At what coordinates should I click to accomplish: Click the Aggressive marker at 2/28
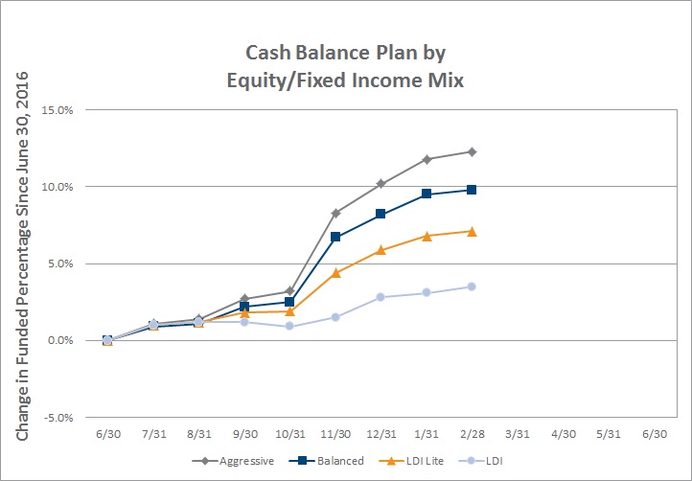(x=472, y=151)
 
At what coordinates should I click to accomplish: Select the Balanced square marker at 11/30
(x=335, y=237)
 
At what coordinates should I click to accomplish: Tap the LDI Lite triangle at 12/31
(x=381, y=250)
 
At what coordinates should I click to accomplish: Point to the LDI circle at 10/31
(x=289, y=326)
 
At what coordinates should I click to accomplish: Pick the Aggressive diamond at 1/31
(x=427, y=159)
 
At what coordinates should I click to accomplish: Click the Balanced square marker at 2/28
(x=472, y=190)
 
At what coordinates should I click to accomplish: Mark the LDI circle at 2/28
(x=472, y=286)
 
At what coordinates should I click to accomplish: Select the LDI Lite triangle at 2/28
(x=472, y=232)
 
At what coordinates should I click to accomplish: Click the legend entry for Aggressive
(x=233, y=461)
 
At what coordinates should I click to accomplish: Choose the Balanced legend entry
(x=327, y=461)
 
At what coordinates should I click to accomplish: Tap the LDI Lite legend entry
(x=411, y=461)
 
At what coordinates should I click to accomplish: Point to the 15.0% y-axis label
(x=58, y=110)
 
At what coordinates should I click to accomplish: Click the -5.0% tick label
(x=58, y=418)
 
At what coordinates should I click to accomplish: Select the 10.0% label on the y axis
(x=58, y=187)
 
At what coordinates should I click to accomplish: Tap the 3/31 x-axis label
(x=518, y=434)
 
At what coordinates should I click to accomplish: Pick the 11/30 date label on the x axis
(x=335, y=434)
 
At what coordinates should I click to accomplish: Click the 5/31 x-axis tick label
(x=609, y=434)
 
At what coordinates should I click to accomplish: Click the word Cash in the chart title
(x=267, y=53)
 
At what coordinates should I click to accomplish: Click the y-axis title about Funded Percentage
(x=22, y=257)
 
